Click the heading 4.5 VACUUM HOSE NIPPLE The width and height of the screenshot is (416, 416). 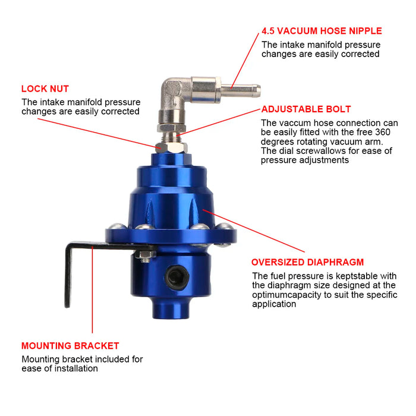[322, 31]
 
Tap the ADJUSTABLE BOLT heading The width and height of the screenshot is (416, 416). [306, 109]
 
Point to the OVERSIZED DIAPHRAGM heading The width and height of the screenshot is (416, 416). [307, 262]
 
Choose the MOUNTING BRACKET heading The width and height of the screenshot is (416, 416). [70, 345]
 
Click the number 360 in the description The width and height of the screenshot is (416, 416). [382, 133]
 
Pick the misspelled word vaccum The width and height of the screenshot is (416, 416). [294, 123]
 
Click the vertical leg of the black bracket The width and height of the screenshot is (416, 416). [67, 279]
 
